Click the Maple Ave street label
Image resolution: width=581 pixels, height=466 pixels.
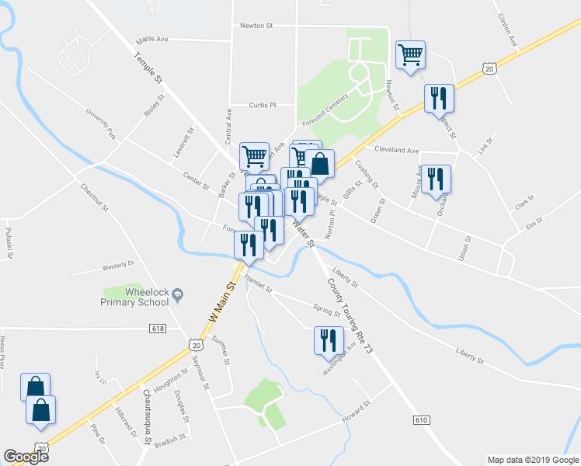pyautogui.click(x=152, y=38)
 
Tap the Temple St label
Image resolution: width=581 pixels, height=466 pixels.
pyautogui.click(x=148, y=68)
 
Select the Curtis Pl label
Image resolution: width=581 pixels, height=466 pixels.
pyautogui.click(x=263, y=106)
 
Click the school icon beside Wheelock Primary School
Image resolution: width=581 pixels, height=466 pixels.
pyautogui.click(x=179, y=294)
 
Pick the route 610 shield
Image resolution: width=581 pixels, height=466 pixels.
pyautogui.click(x=421, y=420)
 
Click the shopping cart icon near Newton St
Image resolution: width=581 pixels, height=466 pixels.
pyautogui.click(x=410, y=54)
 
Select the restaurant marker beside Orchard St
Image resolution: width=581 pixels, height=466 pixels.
pyautogui.click(x=436, y=179)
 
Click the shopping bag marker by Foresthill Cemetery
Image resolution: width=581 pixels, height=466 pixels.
pyautogui.click(x=319, y=163)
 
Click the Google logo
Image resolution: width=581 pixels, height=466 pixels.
pyautogui.click(x=26, y=457)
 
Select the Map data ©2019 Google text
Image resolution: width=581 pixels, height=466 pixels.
pyautogui.click(x=532, y=460)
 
